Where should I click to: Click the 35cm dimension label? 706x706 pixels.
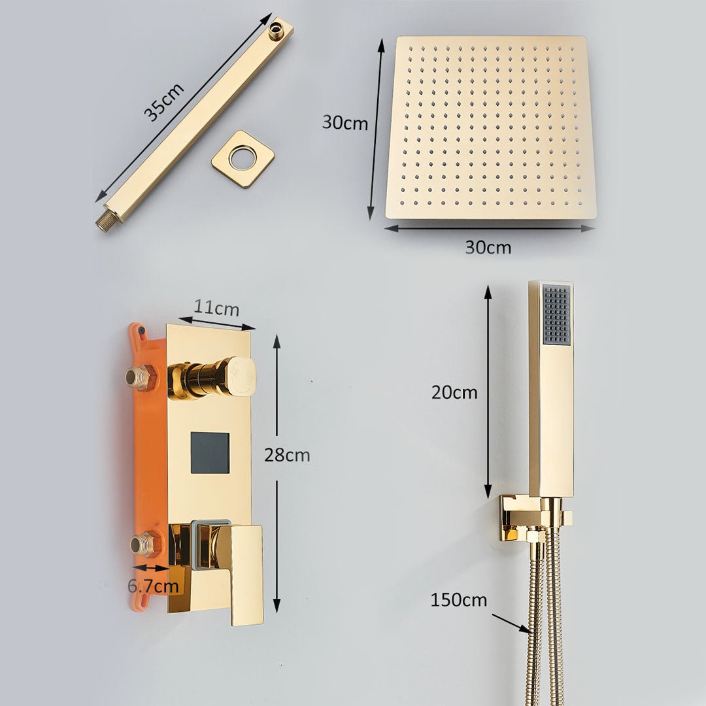coord(164,103)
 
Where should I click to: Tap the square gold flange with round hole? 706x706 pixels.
coord(243,159)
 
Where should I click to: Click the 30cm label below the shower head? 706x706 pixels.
coord(488,248)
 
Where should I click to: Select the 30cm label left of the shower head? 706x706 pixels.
coord(345,122)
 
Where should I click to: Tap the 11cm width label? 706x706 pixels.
coord(216,309)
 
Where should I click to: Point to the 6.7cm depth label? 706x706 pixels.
coord(153,586)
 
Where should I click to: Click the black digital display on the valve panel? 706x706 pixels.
coord(210,453)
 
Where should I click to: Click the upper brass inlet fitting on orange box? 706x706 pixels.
coord(141,377)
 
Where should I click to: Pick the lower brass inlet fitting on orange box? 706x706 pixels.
coord(144,544)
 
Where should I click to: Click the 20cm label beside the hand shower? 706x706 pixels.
coord(454,392)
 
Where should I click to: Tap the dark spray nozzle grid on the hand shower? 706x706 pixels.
coord(556,314)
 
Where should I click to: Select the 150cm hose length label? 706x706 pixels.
coord(458,600)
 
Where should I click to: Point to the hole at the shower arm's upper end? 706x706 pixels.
coord(277,29)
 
